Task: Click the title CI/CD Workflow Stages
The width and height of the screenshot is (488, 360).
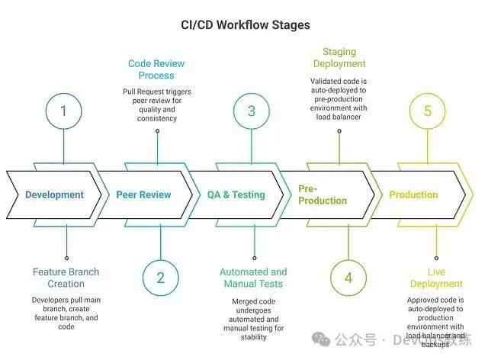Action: pyautogui.click(x=243, y=24)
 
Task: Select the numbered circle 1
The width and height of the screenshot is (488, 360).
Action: pyautogui.click(x=63, y=111)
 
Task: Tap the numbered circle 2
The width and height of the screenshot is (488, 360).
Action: pyautogui.click(x=160, y=278)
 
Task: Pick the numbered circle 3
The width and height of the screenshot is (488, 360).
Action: pyautogui.click(x=252, y=111)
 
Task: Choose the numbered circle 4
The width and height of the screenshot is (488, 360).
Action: pyautogui.click(x=348, y=278)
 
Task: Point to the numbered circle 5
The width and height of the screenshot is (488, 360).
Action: pyautogui.click(x=428, y=111)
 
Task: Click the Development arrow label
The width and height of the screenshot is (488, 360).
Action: pyautogui.click(x=54, y=194)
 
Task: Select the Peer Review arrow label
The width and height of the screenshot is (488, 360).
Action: pyautogui.click(x=143, y=194)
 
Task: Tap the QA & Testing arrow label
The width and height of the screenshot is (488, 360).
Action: pyautogui.click(x=236, y=194)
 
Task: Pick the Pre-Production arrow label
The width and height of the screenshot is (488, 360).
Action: pyautogui.click(x=323, y=194)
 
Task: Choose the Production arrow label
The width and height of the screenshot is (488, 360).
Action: pyautogui.click(x=413, y=194)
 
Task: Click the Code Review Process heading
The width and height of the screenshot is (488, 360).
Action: pyautogui.click(x=157, y=69)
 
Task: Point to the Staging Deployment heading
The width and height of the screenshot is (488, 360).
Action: pyautogui.click(x=339, y=58)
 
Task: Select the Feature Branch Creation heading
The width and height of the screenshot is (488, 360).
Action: pyautogui.click(x=66, y=278)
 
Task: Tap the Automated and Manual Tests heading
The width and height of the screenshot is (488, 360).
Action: pyautogui.click(x=253, y=278)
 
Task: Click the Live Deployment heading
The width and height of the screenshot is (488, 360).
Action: pyautogui.click(x=436, y=278)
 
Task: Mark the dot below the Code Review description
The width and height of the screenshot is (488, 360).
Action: pyautogui.click(x=158, y=130)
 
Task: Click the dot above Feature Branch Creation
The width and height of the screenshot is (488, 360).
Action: pyautogui.click(x=67, y=258)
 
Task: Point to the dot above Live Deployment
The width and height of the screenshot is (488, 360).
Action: pyautogui.click(x=436, y=258)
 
